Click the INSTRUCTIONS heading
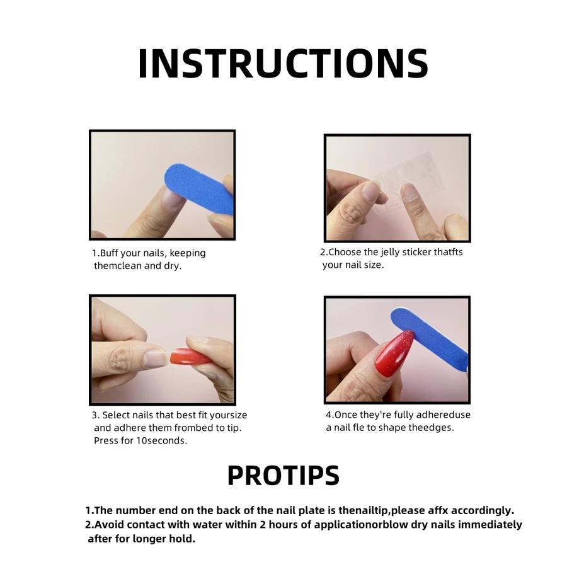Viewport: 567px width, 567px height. (283, 64)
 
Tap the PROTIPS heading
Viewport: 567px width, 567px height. (283, 475)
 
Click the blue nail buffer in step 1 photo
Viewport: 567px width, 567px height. (198, 190)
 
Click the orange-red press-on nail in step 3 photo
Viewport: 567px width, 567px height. (189, 357)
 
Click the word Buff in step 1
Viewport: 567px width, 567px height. (109, 253)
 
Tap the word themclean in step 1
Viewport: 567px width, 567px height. (118, 266)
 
